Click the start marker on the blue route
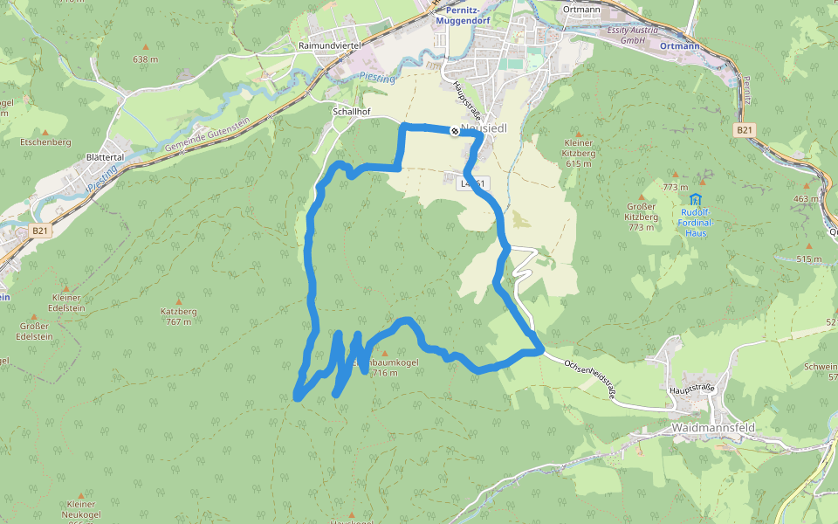(455, 131)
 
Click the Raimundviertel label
(330, 45)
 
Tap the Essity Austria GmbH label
(625, 35)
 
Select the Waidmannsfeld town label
(713, 428)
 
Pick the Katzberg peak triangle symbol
(179, 301)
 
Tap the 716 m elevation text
(384, 373)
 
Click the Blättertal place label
(105, 157)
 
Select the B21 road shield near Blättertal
(38, 231)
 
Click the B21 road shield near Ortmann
(744, 130)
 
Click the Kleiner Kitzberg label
(580, 148)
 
